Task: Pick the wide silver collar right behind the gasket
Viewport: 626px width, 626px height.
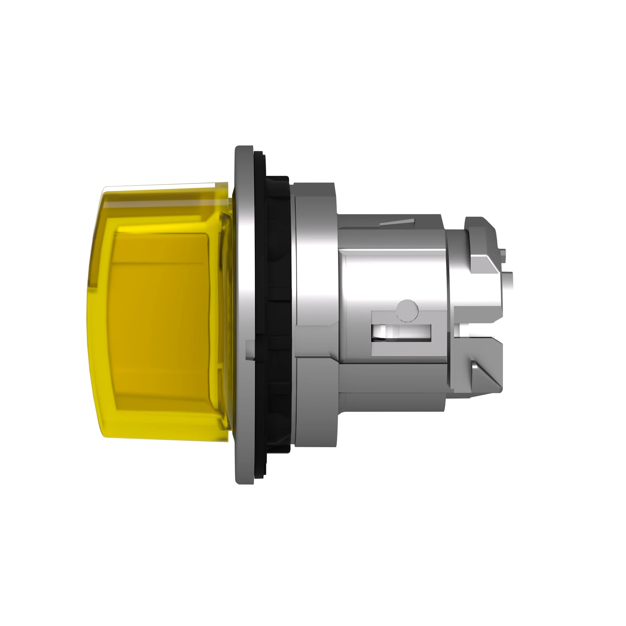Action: pos(316,292)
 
